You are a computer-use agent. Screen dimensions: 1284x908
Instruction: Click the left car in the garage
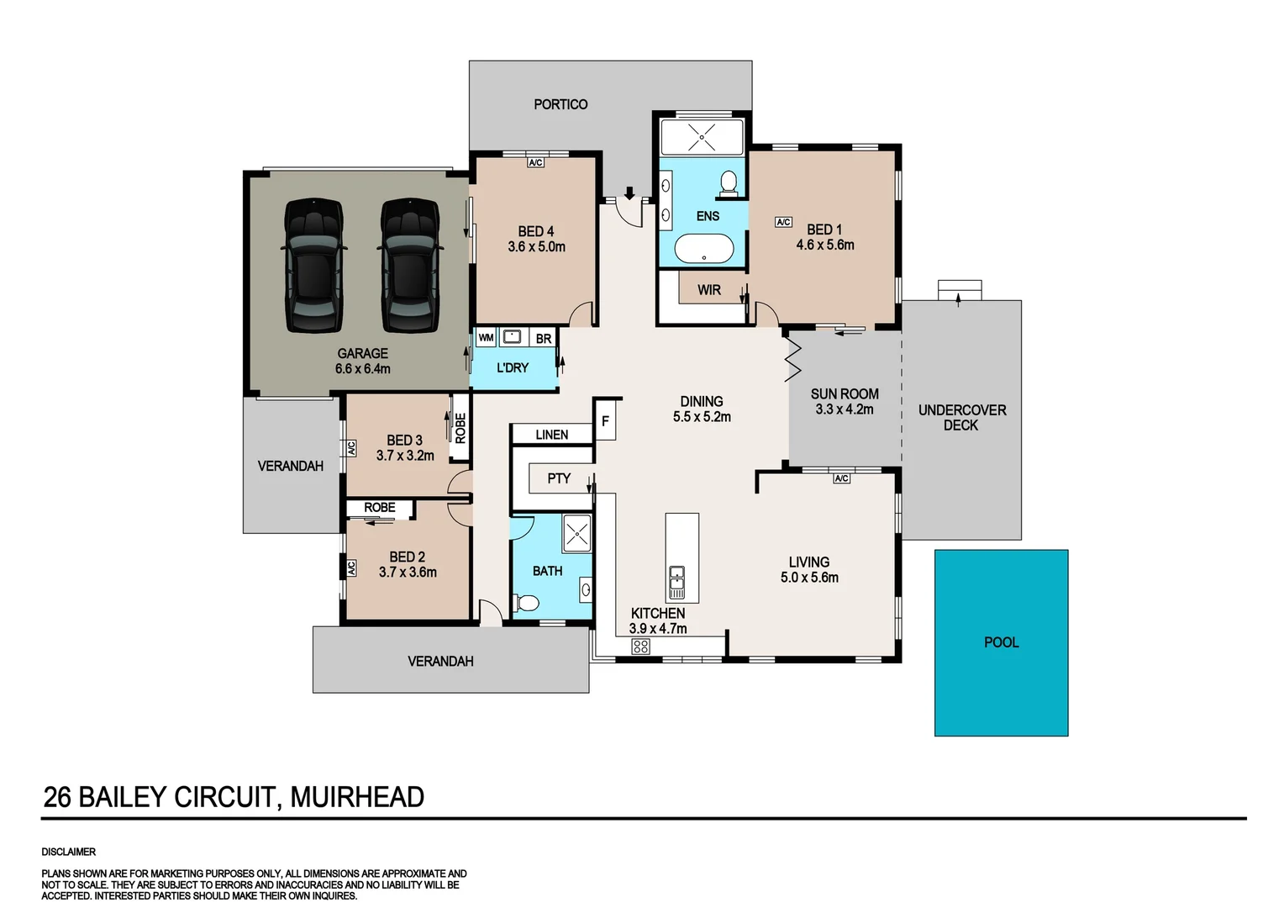pyautogui.click(x=314, y=266)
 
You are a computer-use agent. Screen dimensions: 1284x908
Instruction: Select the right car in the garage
pyautogui.click(x=410, y=266)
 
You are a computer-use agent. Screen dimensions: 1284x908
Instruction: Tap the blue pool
pyautogui.click(x=1002, y=643)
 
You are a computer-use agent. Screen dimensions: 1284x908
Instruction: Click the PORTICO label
pyautogui.click(x=560, y=104)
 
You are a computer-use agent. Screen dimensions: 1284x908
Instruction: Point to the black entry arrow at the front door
pyautogui.click(x=629, y=193)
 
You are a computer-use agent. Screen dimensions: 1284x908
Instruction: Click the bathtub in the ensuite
pyautogui.click(x=704, y=249)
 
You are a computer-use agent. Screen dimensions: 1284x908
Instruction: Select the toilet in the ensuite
pyautogui.click(x=729, y=183)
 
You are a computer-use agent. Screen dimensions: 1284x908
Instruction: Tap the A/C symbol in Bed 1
pyautogui.click(x=783, y=222)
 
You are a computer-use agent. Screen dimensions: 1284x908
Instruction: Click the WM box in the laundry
pyautogui.click(x=486, y=338)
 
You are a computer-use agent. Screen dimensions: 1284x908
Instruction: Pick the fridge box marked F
pyautogui.click(x=605, y=420)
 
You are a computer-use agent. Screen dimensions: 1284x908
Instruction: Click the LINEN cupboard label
pyautogui.click(x=552, y=435)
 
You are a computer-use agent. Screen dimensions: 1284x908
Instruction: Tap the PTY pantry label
pyautogui.click(x=559, y=478)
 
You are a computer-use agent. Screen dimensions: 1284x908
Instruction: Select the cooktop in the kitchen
pyautogui.click(x=641, y=647)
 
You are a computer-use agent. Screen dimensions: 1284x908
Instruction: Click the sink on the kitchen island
pyautogui.click(x=677, y=581)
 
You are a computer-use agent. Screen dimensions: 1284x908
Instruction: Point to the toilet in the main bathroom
pyautogui.click(x=526, y=603)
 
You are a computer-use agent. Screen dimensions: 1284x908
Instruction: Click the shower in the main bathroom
pyautogui.click(x=576, y=533)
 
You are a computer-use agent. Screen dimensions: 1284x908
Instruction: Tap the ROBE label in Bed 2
pyautogui.click(x=380, y=508)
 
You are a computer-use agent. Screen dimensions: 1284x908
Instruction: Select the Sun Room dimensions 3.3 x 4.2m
pyautogui.click(x=845, y=409)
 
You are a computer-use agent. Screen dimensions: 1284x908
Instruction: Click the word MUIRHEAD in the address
pyautogui.click(x=357, y=797)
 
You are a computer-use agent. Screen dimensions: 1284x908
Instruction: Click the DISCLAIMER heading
pyautogui.click(x=68, y=852)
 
